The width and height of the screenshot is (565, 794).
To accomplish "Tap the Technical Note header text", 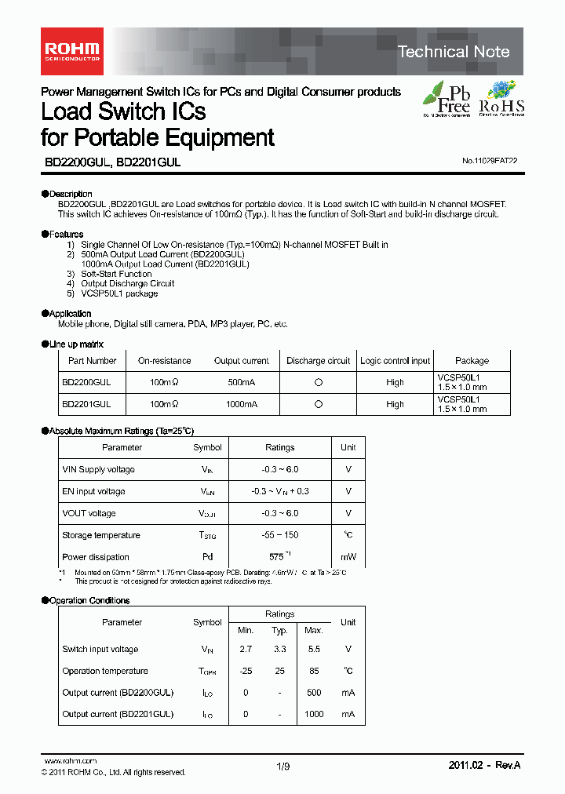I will point(454,52).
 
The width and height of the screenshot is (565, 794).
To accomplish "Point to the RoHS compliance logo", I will point(501,99).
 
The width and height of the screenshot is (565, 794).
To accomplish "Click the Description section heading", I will point(67,194).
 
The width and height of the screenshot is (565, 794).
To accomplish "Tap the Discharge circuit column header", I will point(318,361).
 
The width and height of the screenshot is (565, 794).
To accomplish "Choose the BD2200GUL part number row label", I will point(86,382).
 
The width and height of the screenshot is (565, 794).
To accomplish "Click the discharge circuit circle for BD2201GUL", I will point(318,404).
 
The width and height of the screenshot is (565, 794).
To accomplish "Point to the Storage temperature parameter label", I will point(101,535).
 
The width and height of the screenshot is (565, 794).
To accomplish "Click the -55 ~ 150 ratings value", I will point(279,535).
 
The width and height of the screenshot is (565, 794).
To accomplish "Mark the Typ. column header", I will point(280,631).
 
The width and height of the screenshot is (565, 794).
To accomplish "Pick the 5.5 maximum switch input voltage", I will point(313,649).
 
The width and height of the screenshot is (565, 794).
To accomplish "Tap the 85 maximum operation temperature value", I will point(313,671).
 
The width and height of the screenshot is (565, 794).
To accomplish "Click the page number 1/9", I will point(283,768).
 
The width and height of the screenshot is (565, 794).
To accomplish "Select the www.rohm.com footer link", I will point(69,761).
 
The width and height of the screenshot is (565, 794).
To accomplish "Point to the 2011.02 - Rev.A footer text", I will point(484,765).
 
